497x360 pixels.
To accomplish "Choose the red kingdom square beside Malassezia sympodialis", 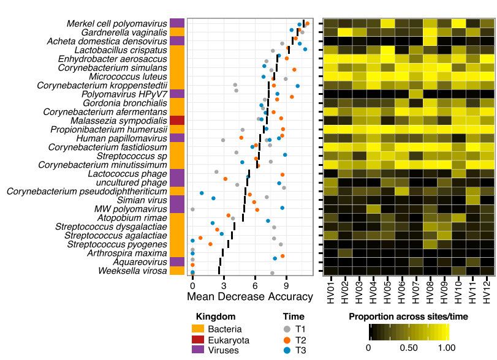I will tap(177, 121).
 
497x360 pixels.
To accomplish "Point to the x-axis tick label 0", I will tap(192, 286).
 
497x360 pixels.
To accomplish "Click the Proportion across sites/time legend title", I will tap(409, 317).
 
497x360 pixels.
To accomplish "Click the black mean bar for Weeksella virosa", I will tap(219, 270).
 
